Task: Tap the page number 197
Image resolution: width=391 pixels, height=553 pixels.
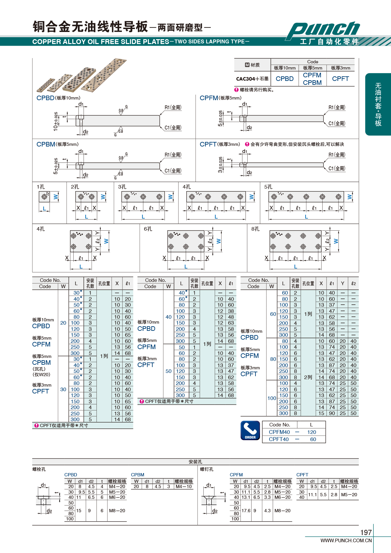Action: click(x=366, y=532)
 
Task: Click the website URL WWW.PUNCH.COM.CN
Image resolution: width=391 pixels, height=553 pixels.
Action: click(x=346, y=541)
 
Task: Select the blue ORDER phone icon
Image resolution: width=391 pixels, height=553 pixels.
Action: click(x=250, y=430)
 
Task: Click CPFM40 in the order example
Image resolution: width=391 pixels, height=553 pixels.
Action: click(x=279, y=432)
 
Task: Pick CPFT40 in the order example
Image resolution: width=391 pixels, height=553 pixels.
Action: click(x=279, y=439)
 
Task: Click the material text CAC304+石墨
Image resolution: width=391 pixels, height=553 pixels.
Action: click(x=252, y=79)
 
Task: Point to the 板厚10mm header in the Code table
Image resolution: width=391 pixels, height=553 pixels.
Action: click(x=284, y=68)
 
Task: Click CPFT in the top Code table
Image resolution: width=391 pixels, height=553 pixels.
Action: click(x=340, y=79)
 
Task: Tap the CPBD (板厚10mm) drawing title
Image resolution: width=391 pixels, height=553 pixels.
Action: click(x=58, y=98)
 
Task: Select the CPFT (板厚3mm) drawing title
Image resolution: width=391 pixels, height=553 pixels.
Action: click(x=220, y=144)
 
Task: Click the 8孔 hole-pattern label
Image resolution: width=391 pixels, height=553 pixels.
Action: click(x=255, y=229)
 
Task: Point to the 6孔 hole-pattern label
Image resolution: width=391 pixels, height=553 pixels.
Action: click(x=148, y=229)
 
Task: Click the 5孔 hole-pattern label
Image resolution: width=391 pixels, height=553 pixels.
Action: click(x=268, y=187)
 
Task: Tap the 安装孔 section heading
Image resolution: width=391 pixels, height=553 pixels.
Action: click(x=195, y=462)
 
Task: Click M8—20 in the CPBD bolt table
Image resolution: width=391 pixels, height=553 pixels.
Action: click(x=117, y=511)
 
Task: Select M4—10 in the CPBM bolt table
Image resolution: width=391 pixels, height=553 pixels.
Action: click(x=184, y=486)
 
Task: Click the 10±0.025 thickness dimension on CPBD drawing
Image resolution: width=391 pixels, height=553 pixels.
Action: click(x=56, y=122)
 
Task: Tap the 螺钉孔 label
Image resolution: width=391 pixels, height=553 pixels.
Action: click(x=207, y=469)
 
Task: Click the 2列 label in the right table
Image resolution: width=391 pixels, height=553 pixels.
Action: click(x=308, y=377)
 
